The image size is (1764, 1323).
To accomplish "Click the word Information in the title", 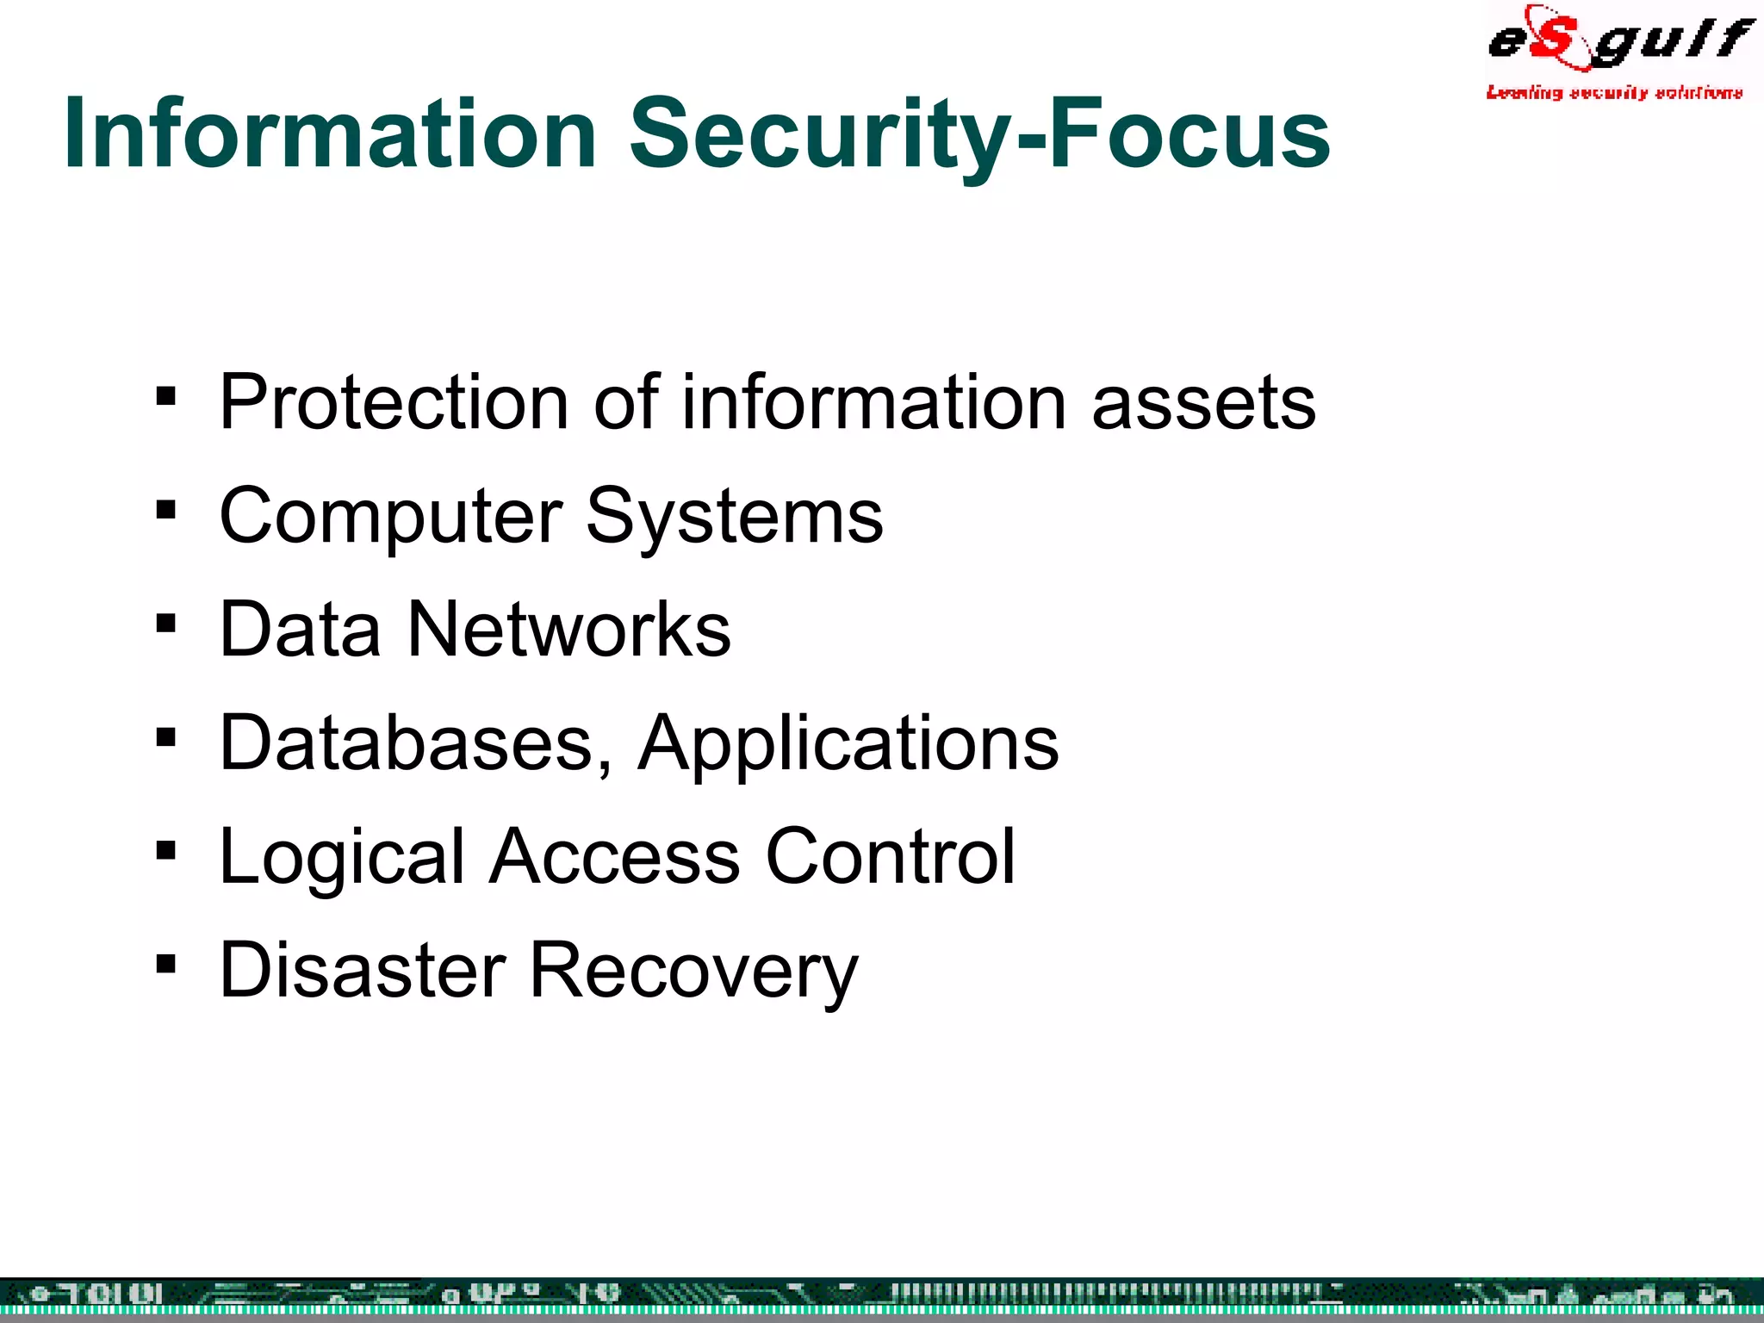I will pyautogui.click(x=330, y=134).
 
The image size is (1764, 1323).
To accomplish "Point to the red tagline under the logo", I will pyautogui.click(x=1614, y=92).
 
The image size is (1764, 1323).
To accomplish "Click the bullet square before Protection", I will pyautogui.click(x=166, y=397).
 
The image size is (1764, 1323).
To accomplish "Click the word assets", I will pyautogui.click(x=1203, y=402).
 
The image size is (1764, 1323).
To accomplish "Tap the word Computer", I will pyautogui.click(x=392, y=517).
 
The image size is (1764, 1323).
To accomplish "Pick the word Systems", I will pyautogui.click(x=734, y=517).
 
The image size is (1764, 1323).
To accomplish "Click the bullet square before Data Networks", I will pyautogui.click(x=166, y=624).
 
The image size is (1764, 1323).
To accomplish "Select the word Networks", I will pyautogui.click(x=568, y=629).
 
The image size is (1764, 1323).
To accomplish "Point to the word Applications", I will pyautogui.click(x=848, y=744).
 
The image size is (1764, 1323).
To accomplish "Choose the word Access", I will pyautogui.click(x=615, y=856).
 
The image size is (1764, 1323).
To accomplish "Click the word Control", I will pyautogui.click(x=891, y=856).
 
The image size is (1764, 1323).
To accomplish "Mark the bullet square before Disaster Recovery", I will pyautogui.click(x=166, y=964).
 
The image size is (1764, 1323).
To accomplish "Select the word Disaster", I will pyautogui.click(x=363, y=970).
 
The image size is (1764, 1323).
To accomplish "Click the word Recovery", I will pyautogui.click(x=693, y=972).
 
